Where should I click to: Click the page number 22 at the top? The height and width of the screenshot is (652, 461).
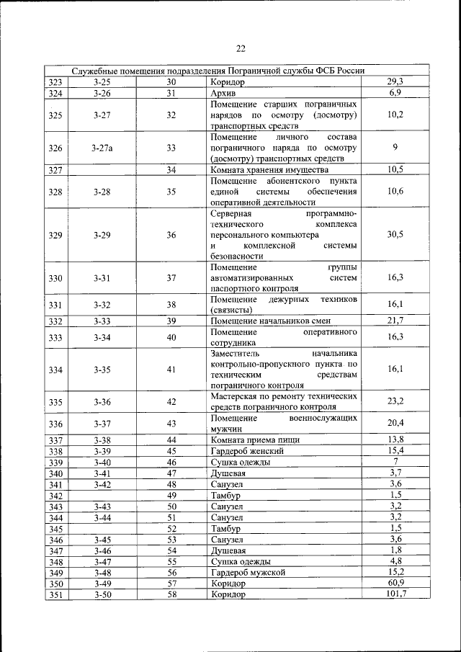pos(241,48)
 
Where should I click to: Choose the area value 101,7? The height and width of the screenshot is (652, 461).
pos(395,594)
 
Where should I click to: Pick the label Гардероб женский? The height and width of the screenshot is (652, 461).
pos(247,450)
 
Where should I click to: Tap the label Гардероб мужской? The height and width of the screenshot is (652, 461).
pos(248,572)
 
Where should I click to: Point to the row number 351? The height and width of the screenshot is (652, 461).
pos(55,594)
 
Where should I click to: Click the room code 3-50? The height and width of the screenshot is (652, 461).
pos(102,594)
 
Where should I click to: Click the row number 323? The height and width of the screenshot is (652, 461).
pos(55,82)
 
